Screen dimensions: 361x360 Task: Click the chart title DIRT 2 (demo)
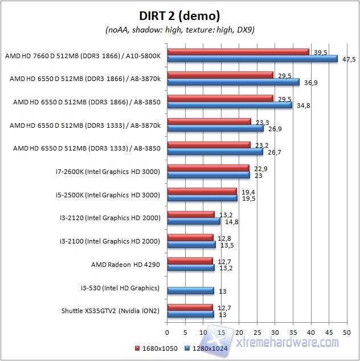pyautogui.click(x=179, y=15)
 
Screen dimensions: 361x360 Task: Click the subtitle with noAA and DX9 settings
pyautogui.click(x=179, y=29)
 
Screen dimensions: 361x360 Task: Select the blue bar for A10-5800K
pyautogui.click(x=252, y=59)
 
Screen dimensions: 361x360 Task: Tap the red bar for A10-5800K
pyautogui.click(x=238, y=52)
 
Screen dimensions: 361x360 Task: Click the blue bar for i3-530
pyautogui.click(x=190, y=290)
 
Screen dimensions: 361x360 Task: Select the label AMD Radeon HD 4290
pyautogui.click(x=125, y=264)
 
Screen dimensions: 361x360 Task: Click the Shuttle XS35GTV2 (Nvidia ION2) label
pyautogui.click(x=111, y=311)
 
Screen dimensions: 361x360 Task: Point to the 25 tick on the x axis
pyautogui.click(x=257, y=331)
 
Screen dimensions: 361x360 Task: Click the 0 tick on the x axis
pyautogui.click(x=167, y=331)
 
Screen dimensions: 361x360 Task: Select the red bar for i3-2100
pyautogui.click(x=190, y=238)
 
